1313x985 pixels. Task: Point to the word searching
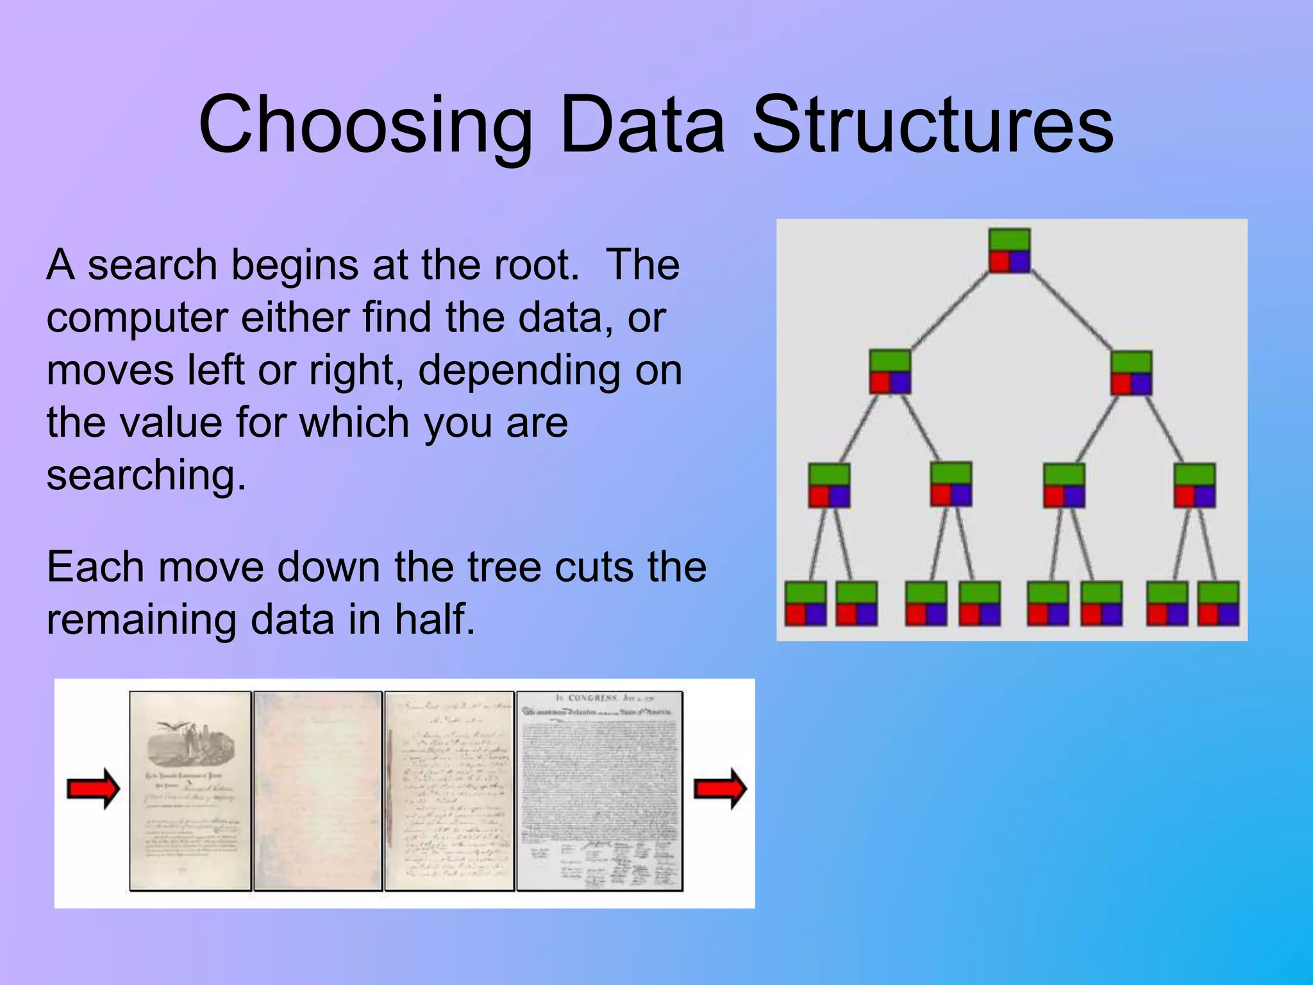pyautogui.click(x=146, y=476)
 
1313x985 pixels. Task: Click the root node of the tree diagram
pyautogui.click(x=1009, y=251)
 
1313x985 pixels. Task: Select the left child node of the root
pyautogui.click(x=890, y=371)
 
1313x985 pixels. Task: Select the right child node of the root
pyautogui.click(x=1131, y=373)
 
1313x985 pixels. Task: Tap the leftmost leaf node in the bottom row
pyautogui.click(x=805, y=603)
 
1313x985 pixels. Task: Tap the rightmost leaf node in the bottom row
pyautogui.click(x=1218, y=603)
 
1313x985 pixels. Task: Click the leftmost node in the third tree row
pyautogui.click(x=829, y=485)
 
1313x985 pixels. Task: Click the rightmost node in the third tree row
pyautogui.click(x=1194, y=485)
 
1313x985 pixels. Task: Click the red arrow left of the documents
pyautogui.click(x=94, y=789)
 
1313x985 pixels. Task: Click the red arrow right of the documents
pyautogui.click(x=720, y=789)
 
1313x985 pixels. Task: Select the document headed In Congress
pyautogui.click(x=599, y=791)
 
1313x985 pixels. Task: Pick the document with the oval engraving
pyautogui.click(x=190, y=791)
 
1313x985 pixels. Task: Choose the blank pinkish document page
pyautogui.click(x=318, y=791)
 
